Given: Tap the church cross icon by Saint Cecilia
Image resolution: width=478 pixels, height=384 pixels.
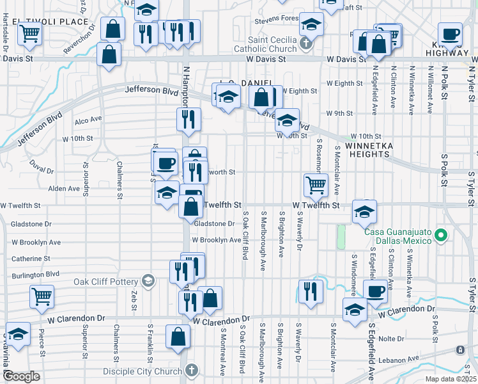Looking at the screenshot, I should coord(306,44).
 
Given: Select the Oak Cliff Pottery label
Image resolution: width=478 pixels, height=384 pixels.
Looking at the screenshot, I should coord(105,282).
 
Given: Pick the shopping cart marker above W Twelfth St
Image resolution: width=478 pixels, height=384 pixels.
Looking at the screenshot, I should coord(316,185).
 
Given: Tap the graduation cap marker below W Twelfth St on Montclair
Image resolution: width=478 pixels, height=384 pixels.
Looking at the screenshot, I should coord(364,212).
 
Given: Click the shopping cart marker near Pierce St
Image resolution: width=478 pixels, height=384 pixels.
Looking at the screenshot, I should coord(42,296).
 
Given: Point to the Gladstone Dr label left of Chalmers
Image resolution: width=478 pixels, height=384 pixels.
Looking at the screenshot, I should coord(31,224).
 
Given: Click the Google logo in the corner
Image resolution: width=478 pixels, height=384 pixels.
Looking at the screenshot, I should coord(21,376).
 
